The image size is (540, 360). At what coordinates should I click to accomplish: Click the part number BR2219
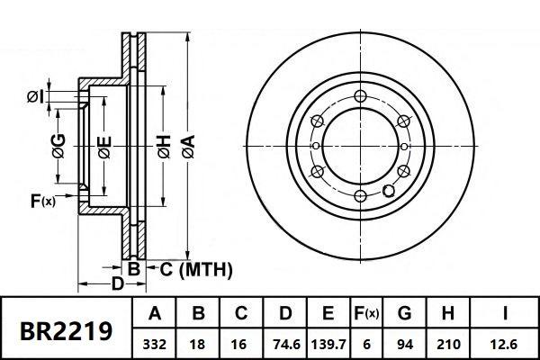(67, 329)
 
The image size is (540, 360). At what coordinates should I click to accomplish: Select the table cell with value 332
(154, 343)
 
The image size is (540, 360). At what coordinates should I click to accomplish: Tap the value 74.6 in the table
(284, 343)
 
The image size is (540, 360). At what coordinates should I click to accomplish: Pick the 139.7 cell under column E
(328, 343)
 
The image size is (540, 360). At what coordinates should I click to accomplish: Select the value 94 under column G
(404, 343)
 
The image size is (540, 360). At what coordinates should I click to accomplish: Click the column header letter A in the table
(154, 314)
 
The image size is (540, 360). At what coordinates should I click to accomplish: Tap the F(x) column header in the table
(366, 314)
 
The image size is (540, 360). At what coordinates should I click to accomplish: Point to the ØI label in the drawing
(36, 95)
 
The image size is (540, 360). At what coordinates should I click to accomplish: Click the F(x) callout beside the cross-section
(41, 200)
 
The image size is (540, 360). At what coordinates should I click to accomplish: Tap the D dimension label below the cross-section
(117, 284)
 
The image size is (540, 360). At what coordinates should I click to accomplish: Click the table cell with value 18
(199, 343)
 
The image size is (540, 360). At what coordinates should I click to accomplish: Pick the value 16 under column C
(241, 343)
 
